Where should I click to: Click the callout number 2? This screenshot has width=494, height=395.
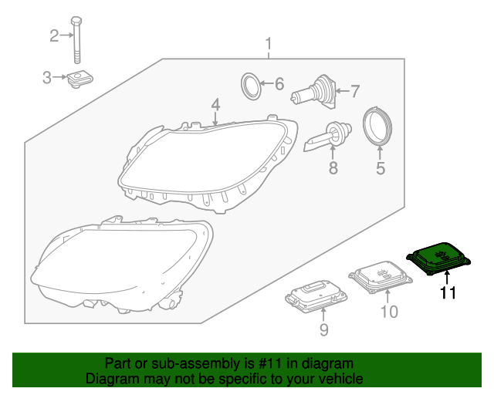click(x=54, y=35)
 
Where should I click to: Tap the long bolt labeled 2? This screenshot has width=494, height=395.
click(x=76, y=39)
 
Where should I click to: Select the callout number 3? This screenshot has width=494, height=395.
click(x=46, y=77)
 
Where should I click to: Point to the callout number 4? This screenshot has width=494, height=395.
click(x=216, y=103)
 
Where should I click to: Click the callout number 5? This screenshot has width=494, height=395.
click(x=380, y=167)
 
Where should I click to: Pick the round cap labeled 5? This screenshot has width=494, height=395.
click(x=379, y=127)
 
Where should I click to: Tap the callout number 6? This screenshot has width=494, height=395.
click(x=279, y=83)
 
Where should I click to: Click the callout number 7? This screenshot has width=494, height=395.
click(x=355, y=92)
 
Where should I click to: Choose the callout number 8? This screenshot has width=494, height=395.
click(x=333, y=167)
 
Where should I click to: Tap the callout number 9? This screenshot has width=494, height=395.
click(x=323, y=330)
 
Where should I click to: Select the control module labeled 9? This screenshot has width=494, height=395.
click(x=315, y=295)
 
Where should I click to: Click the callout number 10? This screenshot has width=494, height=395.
click(x=389, y=312)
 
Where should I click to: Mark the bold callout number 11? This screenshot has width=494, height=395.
click(x=448, y=292)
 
